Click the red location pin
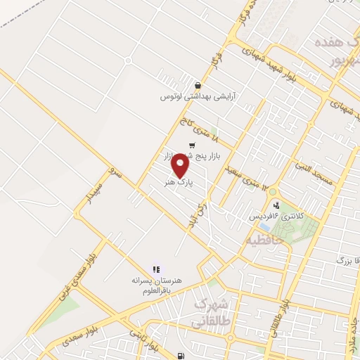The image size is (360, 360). pyautogui.click(x=181, y=165)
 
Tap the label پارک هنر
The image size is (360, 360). pyautogui.click(x=179, y=181)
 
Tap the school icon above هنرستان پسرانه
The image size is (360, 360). pyautogui.click(x=157, y=268)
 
